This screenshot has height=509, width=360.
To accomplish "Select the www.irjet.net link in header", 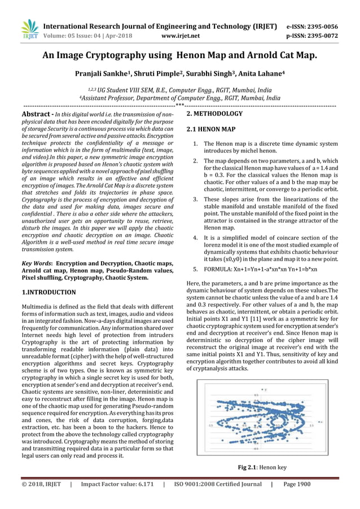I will click(180, 36).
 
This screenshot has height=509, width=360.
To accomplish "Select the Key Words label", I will click(36, 263).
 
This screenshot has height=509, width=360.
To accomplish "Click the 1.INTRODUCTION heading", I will click(49, 292).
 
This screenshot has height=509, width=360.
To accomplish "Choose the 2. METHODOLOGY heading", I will click(214, 114).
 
